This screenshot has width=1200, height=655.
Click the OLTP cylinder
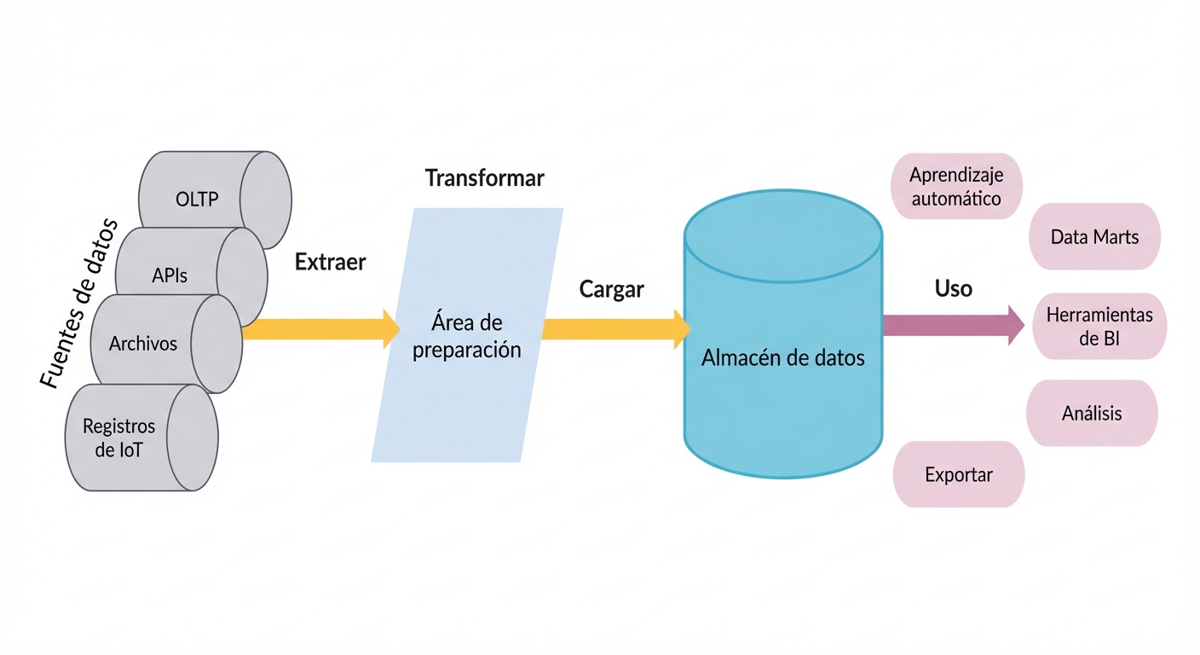point(198,200)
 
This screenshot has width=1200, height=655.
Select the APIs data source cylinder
point(170,275)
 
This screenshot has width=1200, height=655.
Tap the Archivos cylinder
point(144,344)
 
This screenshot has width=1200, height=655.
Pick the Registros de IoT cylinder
point(119,437)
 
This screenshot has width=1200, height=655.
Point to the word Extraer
point(330,262)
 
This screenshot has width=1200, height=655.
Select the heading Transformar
point(484,178)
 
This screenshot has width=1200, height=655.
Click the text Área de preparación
point(466,336)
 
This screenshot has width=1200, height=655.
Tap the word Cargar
point(611,289)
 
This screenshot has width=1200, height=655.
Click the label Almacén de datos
point(782,358)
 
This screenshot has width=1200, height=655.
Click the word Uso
point(953,288)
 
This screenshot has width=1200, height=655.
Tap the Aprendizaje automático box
point(955,187)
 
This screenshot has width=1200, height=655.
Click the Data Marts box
point(1094,236)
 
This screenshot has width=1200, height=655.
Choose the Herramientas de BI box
point(1099,327)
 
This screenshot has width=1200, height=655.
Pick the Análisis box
point(1092,414)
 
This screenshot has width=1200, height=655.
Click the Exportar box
point(959,474)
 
